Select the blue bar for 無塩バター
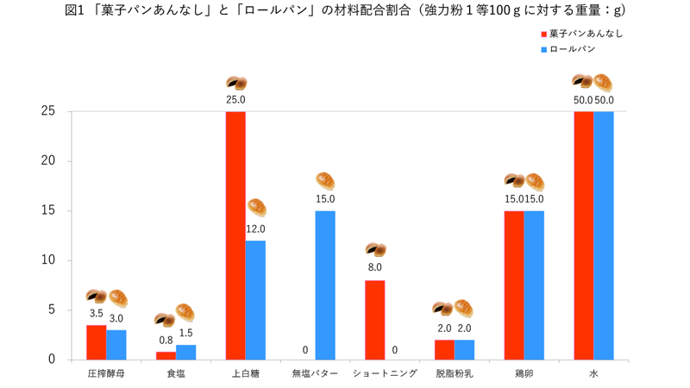pyautogui.click(x=325, y=285)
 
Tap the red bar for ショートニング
pyautogui.click(x=374, y=320)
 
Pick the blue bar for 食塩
pyautogui.click(x=185, y=352)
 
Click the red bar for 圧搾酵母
pyautogui.click(x=96, y=342)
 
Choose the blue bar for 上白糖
pyautogui.click(x=255, y=300)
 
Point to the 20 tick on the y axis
pyautogui.click(x=49, y=161)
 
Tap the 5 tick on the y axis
pyautogui.click(x=53, y=310)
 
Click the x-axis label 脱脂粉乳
pyautogui.click(x=454, y=374)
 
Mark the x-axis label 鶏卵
pyautogui.click(x=524, y=374)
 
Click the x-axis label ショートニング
pyautogui.click(x=385, y=374)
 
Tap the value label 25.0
pyautogui.click(x=235, y=100)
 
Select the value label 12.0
pyautogui.click(x=255, y=229)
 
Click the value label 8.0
pyautogui.click(x=375, y=268)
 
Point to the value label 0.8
pyautogui.click(x=166, y=340)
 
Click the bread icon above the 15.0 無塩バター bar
pyautogui.click(x=325, y=181)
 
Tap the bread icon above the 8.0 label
pyautogui.click(x=375, y=250)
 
